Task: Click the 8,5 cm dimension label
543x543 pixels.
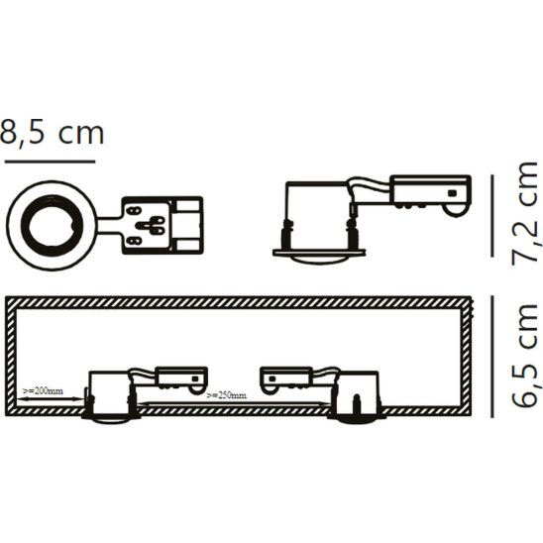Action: click(x=52, y=132)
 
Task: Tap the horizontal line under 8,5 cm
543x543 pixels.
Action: click(x=50, y=161)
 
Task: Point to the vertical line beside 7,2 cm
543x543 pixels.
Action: click(x=492, y=216)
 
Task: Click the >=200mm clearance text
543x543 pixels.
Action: click(x=43, y=390)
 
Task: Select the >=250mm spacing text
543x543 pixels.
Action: click(x=226, y=395)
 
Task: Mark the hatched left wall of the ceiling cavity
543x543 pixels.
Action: click(x=11, y=358)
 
